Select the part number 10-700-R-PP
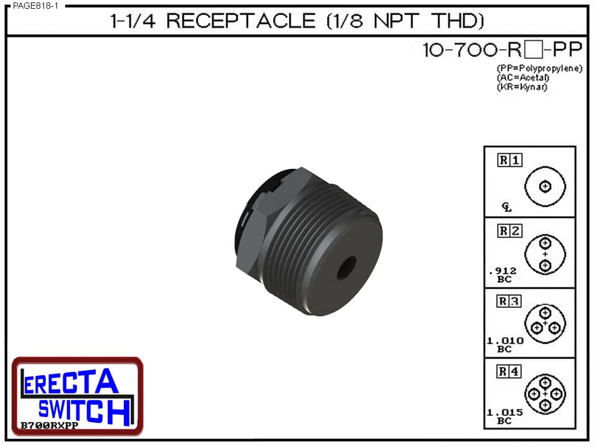(x=501, y=50)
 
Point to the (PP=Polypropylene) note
(x=539, y=68)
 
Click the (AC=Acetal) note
(x=523, y=78)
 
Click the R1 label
(x=510, y=160)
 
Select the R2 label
(x=510, y=232)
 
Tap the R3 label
(x=510, y=302)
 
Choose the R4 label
(x=510, y=372)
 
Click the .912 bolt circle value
(x=503, y=271)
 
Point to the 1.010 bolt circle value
(x=505, y=341)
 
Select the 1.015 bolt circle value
(x=505, y=412)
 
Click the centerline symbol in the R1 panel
(x=507, y=207)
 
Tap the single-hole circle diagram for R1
(x=545, y=186)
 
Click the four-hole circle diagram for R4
(x=545, y=394)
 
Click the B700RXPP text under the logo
(x=44, y=425)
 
